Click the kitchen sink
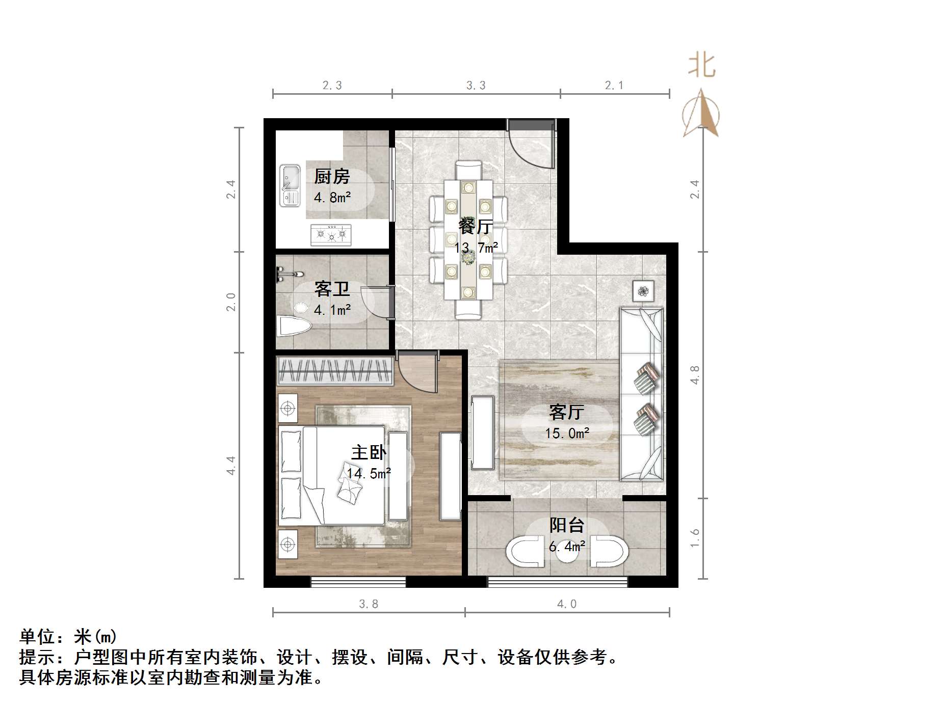290,185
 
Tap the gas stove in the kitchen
331,234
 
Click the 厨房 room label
332,177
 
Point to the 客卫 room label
332,289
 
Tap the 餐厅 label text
476,226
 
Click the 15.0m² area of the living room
567,433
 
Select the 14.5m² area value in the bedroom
369,474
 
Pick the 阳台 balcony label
566,525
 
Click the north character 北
701,66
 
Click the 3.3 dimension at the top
476,86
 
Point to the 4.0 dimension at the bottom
566,604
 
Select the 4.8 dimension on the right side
695,375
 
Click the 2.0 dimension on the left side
231,302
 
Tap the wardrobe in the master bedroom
334,370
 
